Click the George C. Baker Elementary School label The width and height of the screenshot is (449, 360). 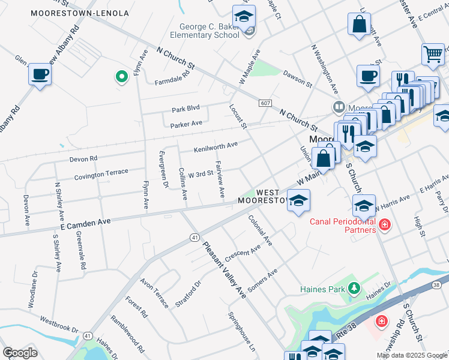pyautogui.click(x=209, y=31)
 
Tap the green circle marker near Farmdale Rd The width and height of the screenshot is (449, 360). pyautogui.click(x=121, y=76)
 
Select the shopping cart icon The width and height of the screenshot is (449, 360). pyautogui.click(x=433, y=54)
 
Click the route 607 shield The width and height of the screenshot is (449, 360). pyautogui.click(x=266, y=103)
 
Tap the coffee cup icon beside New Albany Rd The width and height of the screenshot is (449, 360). pyautogui.click(x=40, y=74)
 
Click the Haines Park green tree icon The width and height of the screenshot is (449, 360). pyautogui.click(x=354, y=289)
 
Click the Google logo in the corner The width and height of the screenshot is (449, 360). pyautogui.click(x=20, y=352)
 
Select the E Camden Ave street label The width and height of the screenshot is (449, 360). pyautogui.click(x=85, y=223)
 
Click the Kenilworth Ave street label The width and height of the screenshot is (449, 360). pyautogui.click(x=215, y=146)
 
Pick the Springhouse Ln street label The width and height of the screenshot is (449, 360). pyautogui.click(x=242, y=331)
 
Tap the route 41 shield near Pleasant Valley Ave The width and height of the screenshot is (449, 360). pyautogui.click(x=195, y=238)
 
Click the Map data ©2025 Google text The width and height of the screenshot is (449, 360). pyautogui.click(x=412, y=355)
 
